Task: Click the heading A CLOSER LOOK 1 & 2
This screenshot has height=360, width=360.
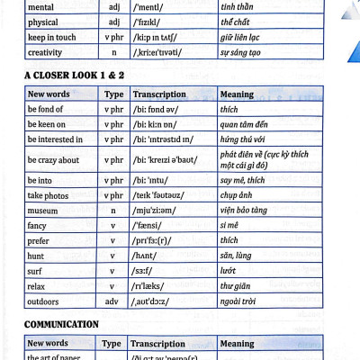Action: (73, 75)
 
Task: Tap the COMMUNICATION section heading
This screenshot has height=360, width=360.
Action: (61, 324)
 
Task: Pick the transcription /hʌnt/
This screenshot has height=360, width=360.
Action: (148, 257)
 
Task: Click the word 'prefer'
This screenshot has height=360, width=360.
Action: (40, 241)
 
